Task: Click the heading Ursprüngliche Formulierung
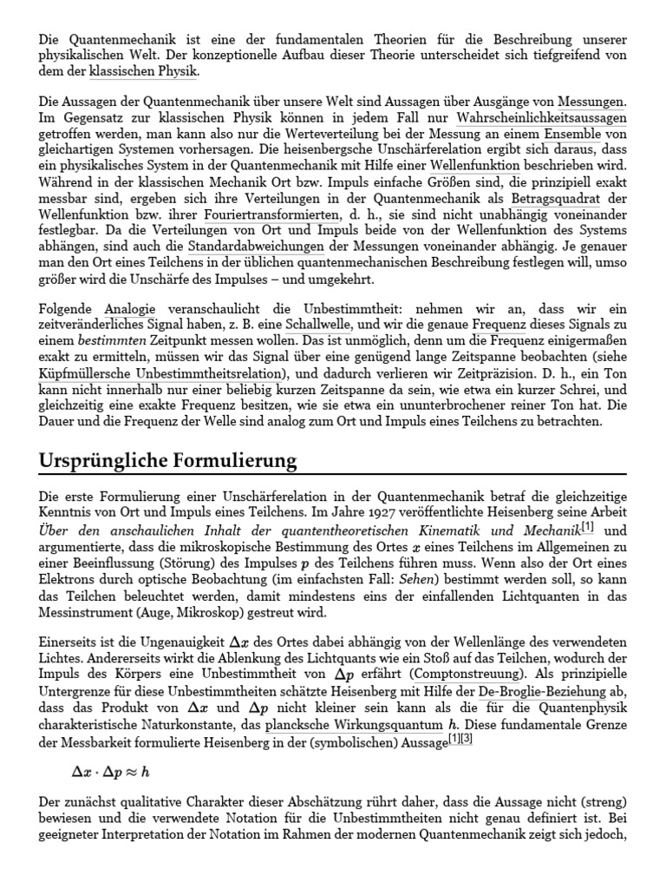[168, 459]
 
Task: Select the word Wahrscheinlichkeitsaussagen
[541, 119]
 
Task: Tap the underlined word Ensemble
[573, 135]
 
